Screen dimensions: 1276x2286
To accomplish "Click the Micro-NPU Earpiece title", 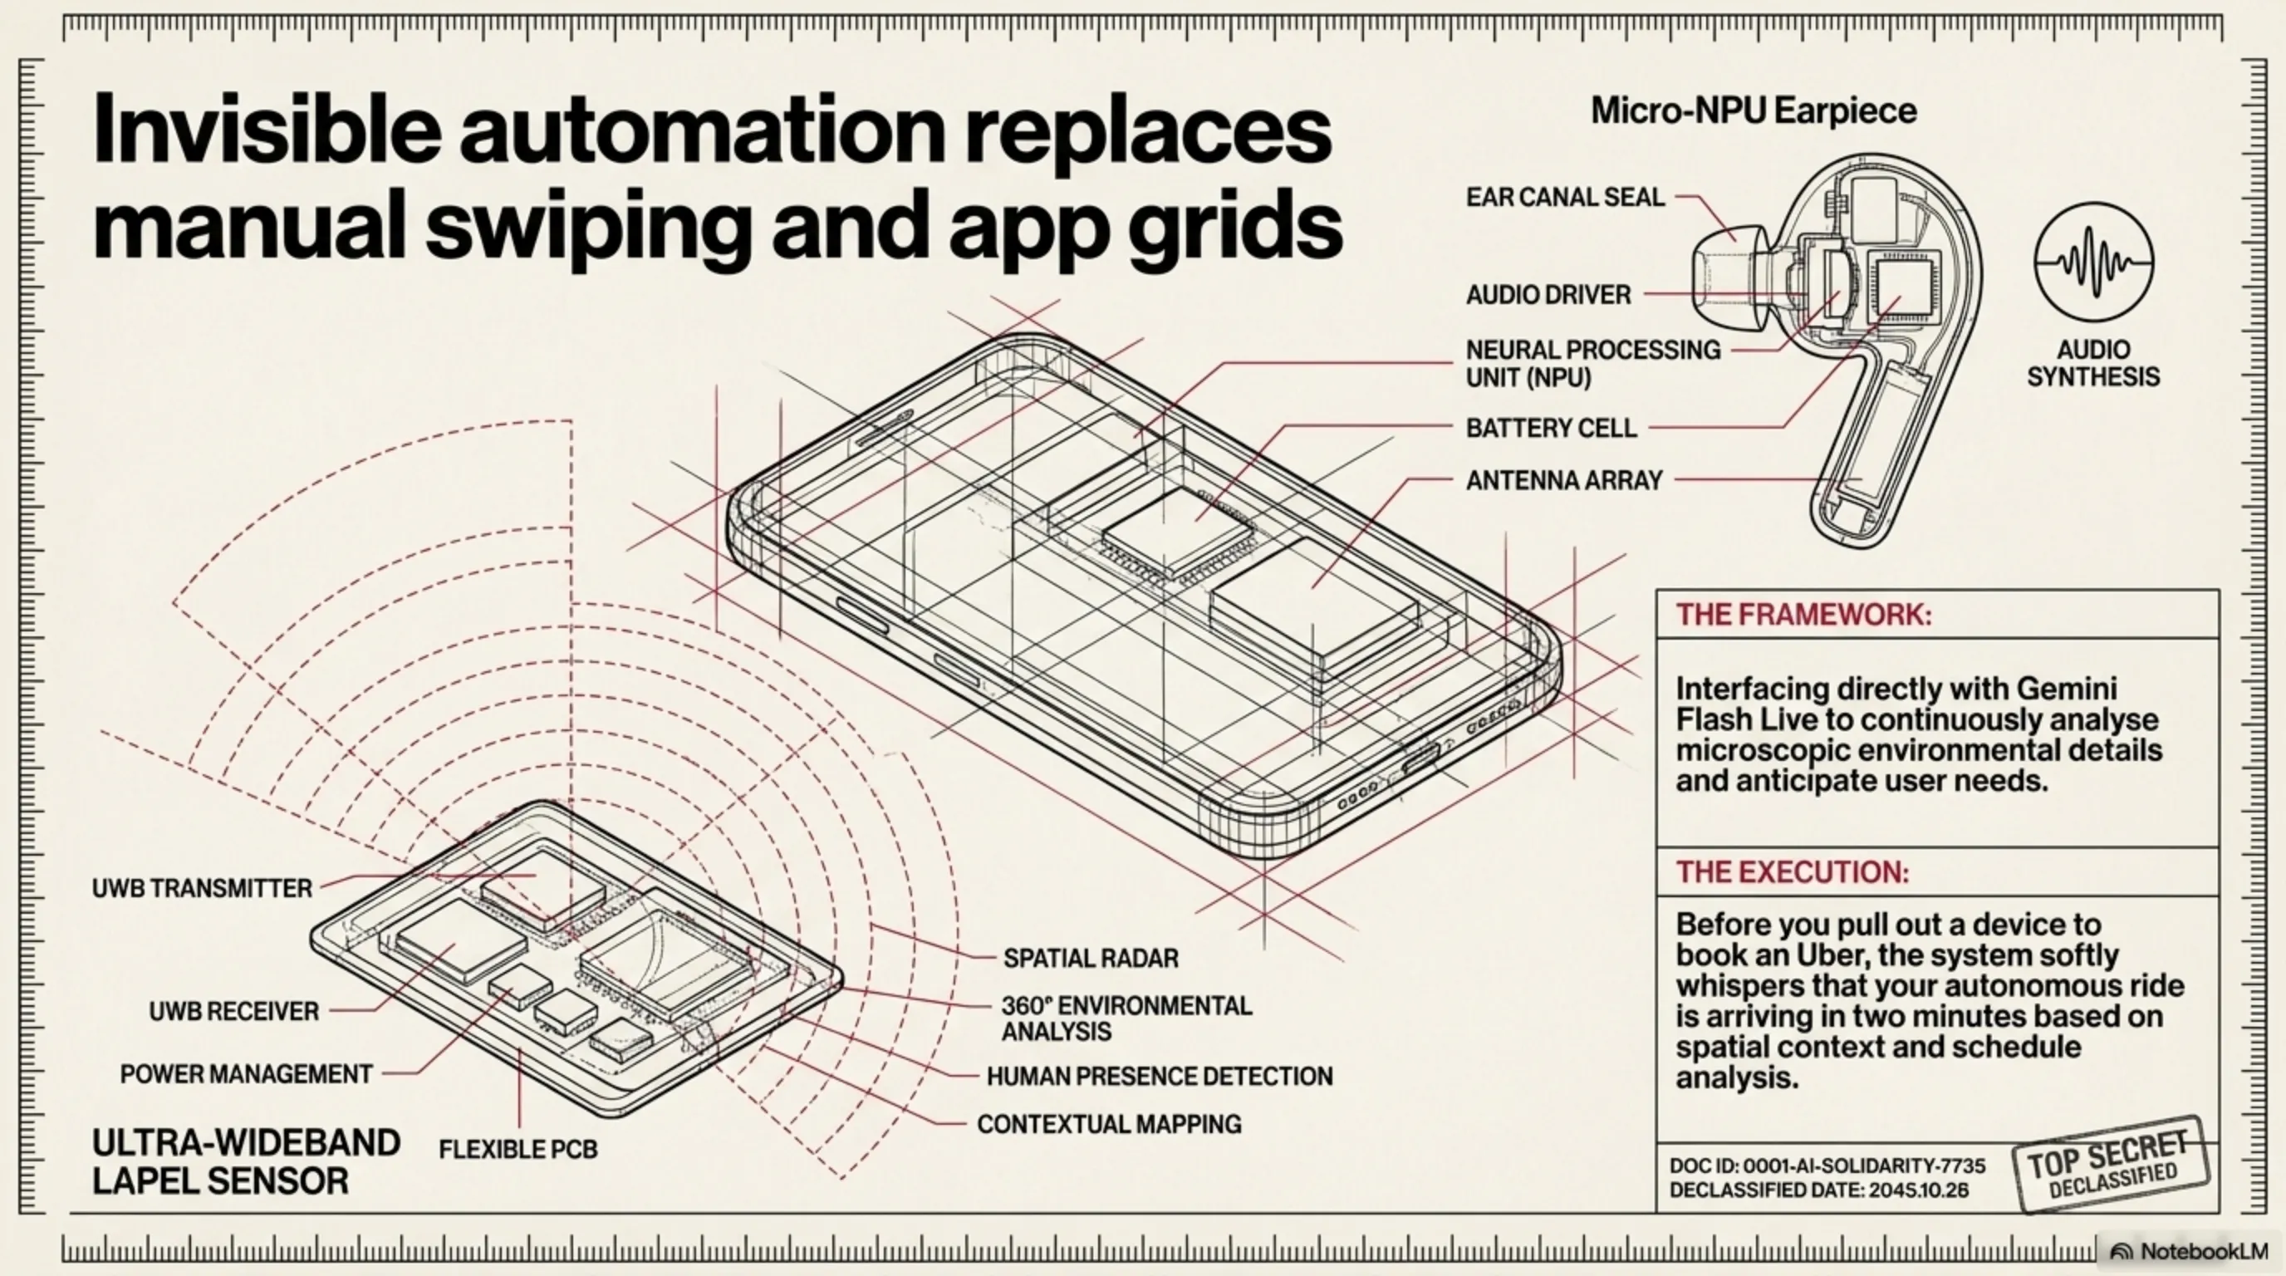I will [x=1753, y=111].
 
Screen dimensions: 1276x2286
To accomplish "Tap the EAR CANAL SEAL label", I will [x=1564, y=197].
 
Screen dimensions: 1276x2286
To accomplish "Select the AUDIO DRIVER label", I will [x=1548, y=295].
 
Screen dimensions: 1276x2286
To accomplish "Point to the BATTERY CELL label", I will [x=1550, y=428].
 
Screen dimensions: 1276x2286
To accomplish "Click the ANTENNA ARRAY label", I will [x=1563, y=480].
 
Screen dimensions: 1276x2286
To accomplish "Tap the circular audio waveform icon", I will [x=2093, y=262].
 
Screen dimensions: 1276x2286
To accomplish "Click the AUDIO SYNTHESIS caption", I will [x=2093, y=363].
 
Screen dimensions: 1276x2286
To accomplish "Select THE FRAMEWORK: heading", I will [x=1803, y=614].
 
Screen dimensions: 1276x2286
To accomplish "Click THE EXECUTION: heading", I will [x=1792, y=871].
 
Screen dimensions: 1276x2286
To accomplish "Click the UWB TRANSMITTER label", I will [x=203, y=888].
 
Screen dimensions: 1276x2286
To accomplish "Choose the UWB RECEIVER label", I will [x=233, y=1011].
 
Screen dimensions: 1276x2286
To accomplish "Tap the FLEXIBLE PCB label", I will [x=518, y=1149].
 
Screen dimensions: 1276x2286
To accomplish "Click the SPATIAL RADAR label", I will [x=1091, y=959].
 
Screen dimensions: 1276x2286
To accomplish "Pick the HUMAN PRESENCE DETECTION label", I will [x=1159, y=1077].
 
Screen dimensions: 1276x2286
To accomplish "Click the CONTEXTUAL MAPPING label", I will [x=1108, y=1124].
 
